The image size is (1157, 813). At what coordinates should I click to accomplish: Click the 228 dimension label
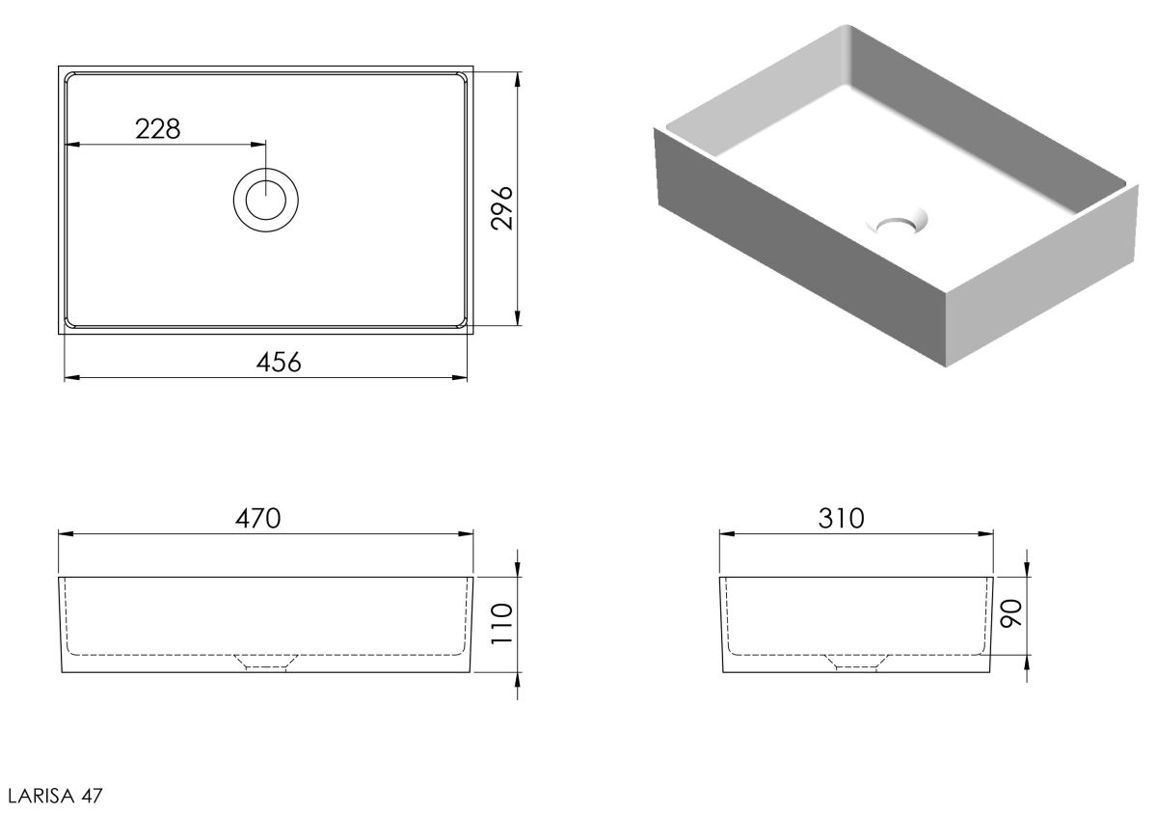pyautogui.click(x=157, y=129)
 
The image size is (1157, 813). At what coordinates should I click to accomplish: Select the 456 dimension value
pyautogui.click(x=279, y=362)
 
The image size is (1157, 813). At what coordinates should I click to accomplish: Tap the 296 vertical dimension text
pyautogui.click(x=502, y=208)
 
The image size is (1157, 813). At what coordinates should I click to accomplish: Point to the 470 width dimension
pyautogui.click(x=258, y=519)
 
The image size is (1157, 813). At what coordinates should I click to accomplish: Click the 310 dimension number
pyautogui.click(x=841, y=519)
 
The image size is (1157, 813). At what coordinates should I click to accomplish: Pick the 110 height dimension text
pyautogui.click(x=502, y=623)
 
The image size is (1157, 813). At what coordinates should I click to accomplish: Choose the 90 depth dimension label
pyautogui.click(x=1011, y=613)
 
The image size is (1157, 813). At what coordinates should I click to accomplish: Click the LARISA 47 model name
pyautogui.click(x=55, y=796)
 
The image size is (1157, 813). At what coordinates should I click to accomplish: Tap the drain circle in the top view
pyautogui.click(x=265, y=200)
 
